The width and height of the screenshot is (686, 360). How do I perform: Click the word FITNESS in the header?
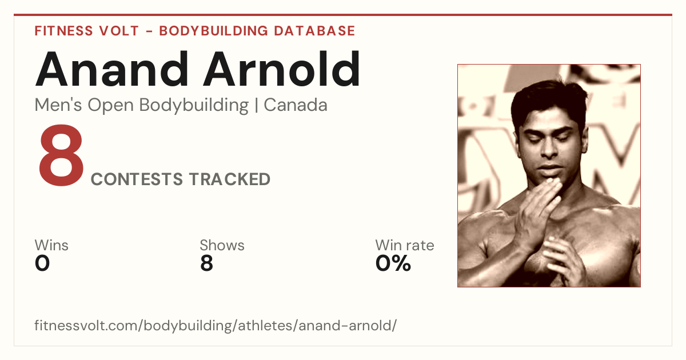point(63,31)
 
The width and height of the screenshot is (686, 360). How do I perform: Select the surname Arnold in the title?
point(282,69)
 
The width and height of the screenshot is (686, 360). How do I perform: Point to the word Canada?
point(296,105)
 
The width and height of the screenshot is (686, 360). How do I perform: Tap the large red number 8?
point(61,155)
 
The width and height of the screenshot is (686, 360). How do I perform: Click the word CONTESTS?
point(137,179)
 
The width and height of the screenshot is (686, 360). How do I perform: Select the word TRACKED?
point(230,179)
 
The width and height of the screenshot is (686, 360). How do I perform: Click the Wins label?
point(51,245)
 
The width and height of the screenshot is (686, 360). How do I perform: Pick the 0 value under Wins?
point(42,263)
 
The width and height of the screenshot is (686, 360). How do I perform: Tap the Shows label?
point(222,245)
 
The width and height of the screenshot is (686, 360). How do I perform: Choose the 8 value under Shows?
point(207,263)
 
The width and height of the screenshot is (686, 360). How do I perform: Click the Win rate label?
point(405,245)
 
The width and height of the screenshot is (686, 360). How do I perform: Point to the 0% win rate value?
point(393,263)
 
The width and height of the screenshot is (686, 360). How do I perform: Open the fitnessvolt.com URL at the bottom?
point(216,326)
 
